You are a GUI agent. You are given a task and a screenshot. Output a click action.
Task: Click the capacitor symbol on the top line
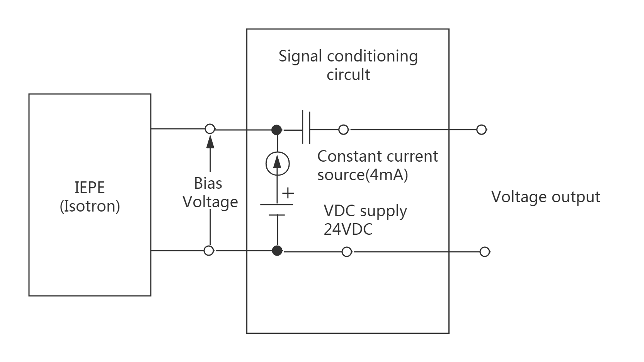[x=306, y=128]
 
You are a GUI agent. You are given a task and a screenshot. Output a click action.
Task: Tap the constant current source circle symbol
[x=278, y=163]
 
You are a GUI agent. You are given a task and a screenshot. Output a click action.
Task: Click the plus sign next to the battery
[x=288, y=193]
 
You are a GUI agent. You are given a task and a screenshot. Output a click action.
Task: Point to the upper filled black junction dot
[x=277, y=130]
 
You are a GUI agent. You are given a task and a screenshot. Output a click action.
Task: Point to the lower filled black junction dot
[x=277, y=251]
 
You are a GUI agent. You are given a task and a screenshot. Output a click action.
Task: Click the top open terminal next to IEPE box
[x=210, y=129]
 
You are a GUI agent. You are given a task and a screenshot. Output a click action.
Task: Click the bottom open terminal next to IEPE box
[x=209, y=251]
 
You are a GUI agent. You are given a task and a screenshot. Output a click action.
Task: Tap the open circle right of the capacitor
[x=343, y=130]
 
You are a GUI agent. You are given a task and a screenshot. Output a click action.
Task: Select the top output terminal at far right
[x=481, y=130]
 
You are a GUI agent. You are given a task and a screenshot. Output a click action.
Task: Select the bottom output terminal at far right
[x=484, y=252]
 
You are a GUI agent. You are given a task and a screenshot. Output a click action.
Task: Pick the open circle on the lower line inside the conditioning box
[x=347, y=252]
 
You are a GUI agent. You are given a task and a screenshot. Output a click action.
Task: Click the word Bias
[x=208, y=183]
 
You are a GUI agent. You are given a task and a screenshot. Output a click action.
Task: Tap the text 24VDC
[x=348, y=229]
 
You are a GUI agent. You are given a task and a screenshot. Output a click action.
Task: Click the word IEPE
[x=90, y=188]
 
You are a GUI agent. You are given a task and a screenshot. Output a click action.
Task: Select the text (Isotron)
[x=90, y=206]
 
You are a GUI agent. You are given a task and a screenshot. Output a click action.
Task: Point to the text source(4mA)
[x=363, y=175]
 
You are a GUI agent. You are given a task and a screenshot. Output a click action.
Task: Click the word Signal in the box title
[x=300, y=56]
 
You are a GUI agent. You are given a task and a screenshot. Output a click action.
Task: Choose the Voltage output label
[x=545, y=197]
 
